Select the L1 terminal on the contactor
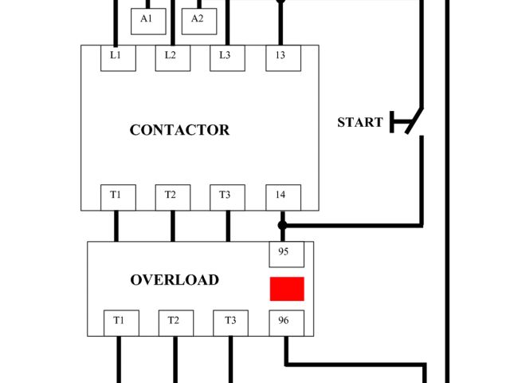[116, 57]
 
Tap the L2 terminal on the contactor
[171, 57]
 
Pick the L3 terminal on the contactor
[226, 57]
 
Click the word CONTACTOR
[179, 130]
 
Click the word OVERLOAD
[175, 280]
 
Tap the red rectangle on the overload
[287, 289]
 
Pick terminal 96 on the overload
[284, 322]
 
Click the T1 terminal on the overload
[120, 322]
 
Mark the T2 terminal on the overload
[175, 322]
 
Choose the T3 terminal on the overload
[230, 322]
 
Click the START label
[359, 123]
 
